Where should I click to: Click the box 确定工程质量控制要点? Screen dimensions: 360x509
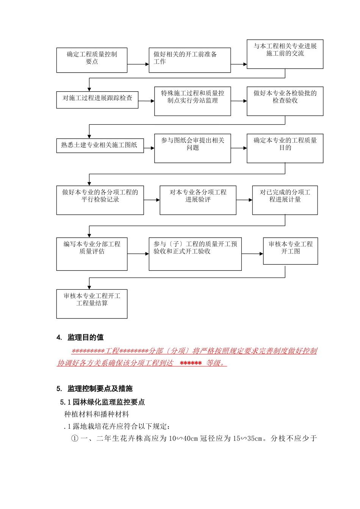(x=92, y=60)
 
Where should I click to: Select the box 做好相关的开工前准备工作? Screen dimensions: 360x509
(x=189, y=60)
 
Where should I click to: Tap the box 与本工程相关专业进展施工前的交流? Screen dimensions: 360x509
(x=285, y=54)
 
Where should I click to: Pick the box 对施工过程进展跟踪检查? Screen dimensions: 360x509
(x=97, y=100)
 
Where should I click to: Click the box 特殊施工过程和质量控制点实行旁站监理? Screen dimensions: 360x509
(x=193, y=101)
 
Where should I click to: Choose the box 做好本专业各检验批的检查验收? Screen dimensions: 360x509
(x=285, y=101)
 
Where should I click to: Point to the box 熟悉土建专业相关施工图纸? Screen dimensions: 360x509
(x=100, y=145)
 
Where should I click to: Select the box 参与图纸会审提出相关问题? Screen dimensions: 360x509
(x=193, y=148)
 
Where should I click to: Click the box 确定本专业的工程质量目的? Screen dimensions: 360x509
(x=285, y=148)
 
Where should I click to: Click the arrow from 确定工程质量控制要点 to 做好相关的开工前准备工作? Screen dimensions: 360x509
(x=138, y=64)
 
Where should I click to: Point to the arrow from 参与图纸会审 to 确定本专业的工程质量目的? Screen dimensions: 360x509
(x=239, y=148)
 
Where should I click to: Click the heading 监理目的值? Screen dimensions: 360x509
(x=85, y=337)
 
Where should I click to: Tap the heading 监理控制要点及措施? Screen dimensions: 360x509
(x=100, y=389)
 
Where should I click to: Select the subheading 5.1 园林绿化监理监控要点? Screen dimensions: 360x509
(x=102, y=402)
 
